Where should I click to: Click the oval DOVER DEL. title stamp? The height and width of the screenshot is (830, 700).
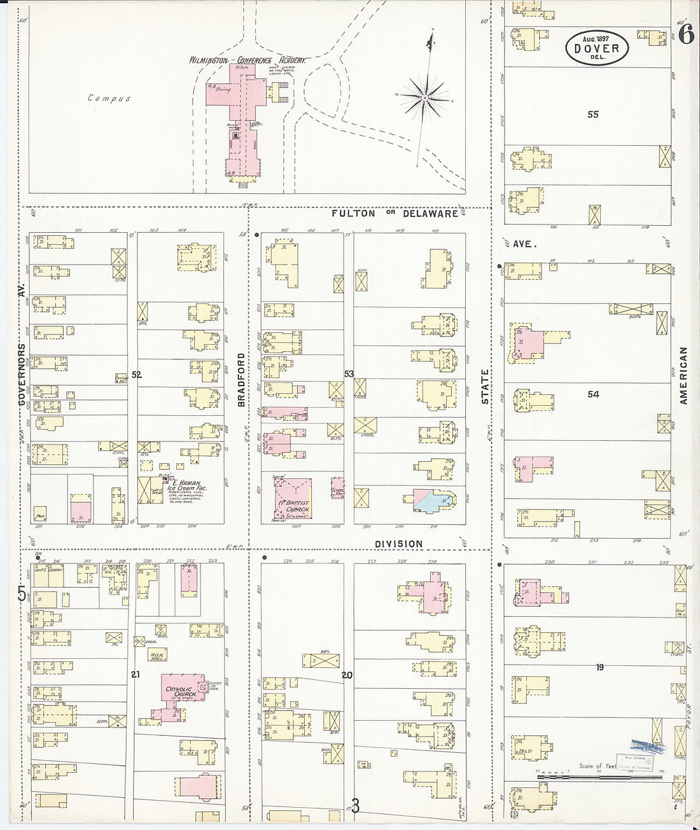click(596, 47)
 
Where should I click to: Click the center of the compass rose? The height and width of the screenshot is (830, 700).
click(424, 99)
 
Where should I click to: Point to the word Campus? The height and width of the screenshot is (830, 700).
click(109, 99)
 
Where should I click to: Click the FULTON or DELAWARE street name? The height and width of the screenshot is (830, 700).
click(395, 214)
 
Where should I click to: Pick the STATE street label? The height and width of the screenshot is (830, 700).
click(485, 387)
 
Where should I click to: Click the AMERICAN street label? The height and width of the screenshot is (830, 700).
click(683, 375)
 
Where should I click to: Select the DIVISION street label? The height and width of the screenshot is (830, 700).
click(398, 544)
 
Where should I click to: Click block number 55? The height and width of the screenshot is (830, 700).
click(593, 114)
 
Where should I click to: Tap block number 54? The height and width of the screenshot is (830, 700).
click(593, 394)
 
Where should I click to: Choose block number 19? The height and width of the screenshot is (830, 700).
click(599, 667)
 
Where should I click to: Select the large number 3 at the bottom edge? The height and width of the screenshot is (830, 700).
click(355, 806)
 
